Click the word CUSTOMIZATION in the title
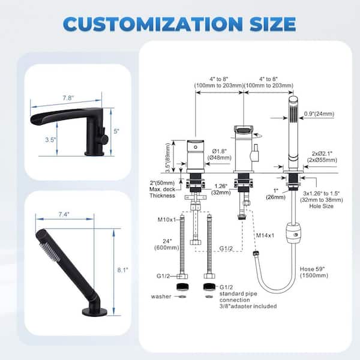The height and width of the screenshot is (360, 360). point(153,24)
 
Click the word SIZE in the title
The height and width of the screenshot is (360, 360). point(273,24)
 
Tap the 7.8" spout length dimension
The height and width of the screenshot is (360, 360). point(68,98)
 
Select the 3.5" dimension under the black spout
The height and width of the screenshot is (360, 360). point(50,140)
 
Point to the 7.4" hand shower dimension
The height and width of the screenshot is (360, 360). point(64,214)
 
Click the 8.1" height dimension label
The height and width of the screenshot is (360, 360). point(123,270)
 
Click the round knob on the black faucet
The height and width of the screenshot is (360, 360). point(104,138)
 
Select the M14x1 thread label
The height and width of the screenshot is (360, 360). point(265,235)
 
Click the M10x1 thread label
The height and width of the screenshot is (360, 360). point(167,220)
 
